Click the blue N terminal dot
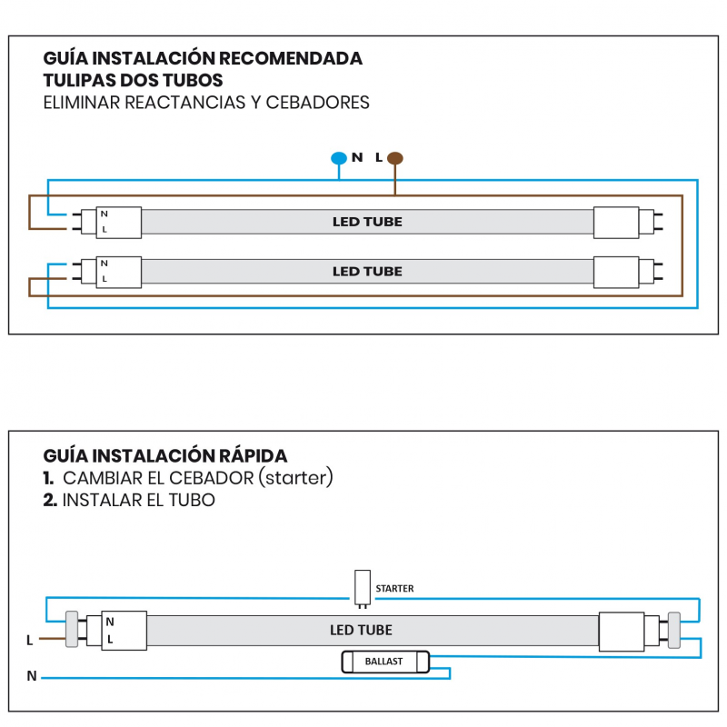pyautogui.click(x=339, y=158)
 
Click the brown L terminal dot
pyautogui.click(x=394, y=158)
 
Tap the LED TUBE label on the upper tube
pyautogui.click(x=367, y=222)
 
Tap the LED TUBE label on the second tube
pyautogui.click(x=367, y=271)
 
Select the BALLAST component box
pyautogui.click(x=383, y=662)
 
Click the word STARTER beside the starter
pyautogui.click(x=394, y=589)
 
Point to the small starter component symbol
pyautogui.click(x=363, y=586)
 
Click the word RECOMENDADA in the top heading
pyautogui.click(x=292, y=59)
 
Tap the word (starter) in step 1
pyautogui.click(x=296, y=478)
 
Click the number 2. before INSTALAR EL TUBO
pyautogui.click(x=50, y=500)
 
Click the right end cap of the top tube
pyautogui.click(x=618, y=222)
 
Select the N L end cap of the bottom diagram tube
pyautogui.click(x=124, y=630)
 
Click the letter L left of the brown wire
pyautogui.click(x=29, y=641)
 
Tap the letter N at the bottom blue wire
pyautogui.click(x=32, y=676)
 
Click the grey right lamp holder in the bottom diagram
pyautogui.click(x=673, y=629)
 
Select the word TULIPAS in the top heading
pyautogui.click(x=80, y=81)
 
